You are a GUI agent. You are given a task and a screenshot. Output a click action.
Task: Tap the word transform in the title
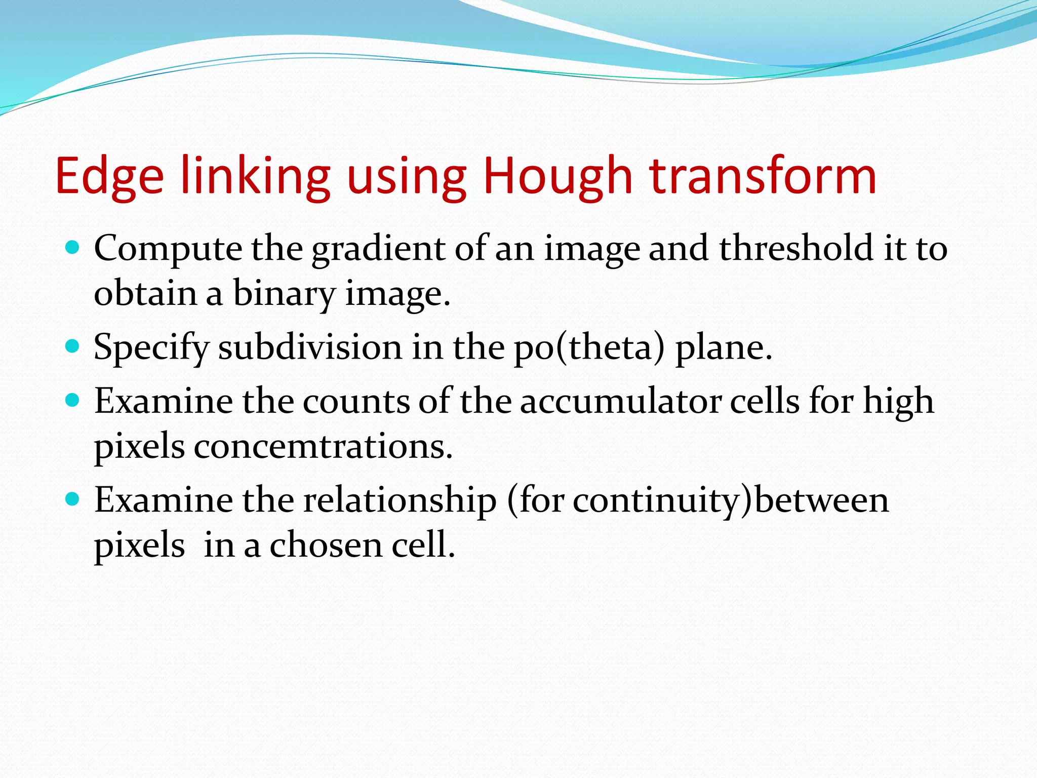click(763, 177)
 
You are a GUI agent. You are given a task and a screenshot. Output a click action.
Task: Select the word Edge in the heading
click(109, 177)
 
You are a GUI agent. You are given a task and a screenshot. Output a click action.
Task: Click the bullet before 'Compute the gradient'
click(73, 248)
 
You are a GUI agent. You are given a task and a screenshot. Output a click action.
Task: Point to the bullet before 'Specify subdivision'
click(73, 346)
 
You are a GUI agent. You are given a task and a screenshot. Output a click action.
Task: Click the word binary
click(284, 294)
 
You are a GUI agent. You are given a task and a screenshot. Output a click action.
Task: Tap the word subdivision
click(310, 347)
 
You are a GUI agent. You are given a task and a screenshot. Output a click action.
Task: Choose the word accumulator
click(620, 402)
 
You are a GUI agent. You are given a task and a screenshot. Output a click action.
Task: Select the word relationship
click(400, 500)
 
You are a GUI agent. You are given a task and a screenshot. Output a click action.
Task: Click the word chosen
click(326, 546)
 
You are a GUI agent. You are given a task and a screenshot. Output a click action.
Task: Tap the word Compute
click(168, 249)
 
